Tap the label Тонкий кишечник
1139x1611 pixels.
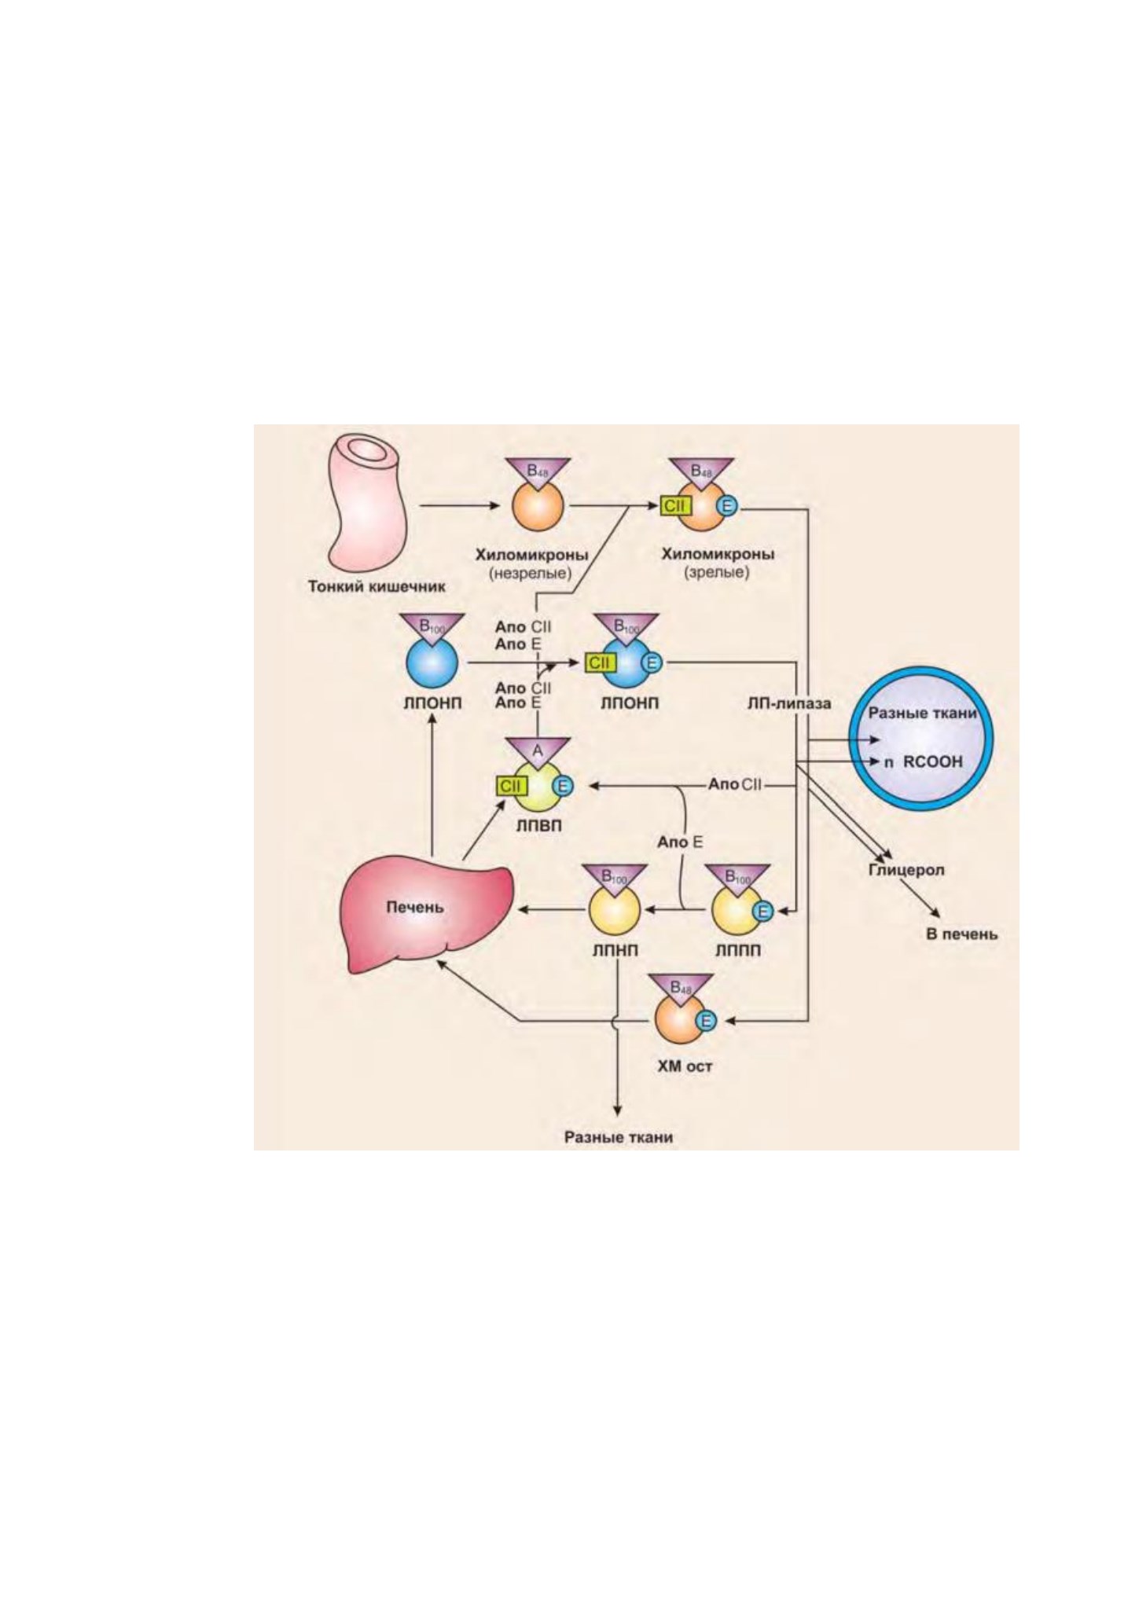tap(377, 586)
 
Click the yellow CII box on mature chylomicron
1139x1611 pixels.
tap(674, 506)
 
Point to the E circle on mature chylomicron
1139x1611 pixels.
tap(727, 507)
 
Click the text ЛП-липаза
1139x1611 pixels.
tap(788, 704)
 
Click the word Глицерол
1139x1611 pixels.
tap(906, 871)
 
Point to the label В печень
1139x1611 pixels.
tap(962, 934)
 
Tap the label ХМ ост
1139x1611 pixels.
tap(685, 1067)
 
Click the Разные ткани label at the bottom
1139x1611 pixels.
tap(619, 1137)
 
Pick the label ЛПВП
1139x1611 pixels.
tap(538, 827)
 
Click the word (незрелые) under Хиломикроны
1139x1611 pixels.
tap(531, 574)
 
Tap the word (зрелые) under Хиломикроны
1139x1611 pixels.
tap(717, 572)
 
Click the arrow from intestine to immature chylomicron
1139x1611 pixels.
tap(460, 506)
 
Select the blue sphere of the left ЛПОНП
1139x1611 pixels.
tap(432, 662)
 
